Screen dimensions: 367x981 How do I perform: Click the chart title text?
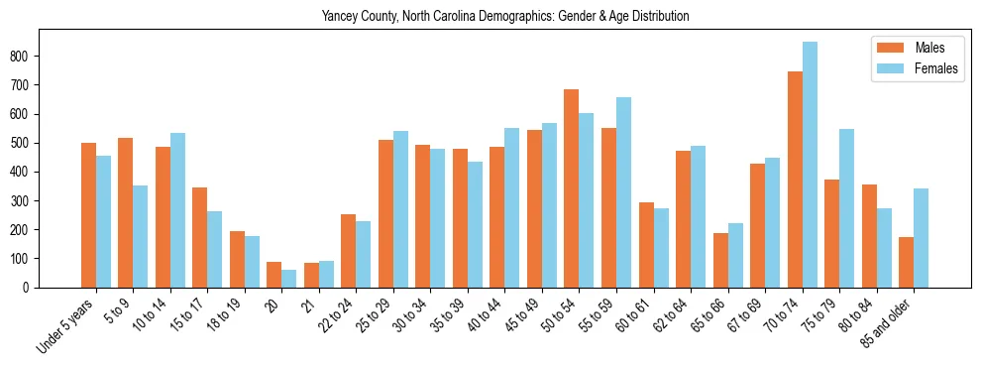coord(505,17)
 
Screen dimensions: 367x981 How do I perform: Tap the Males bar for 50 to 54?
coord(572,188)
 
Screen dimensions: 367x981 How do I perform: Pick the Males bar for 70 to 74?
coord(795,180)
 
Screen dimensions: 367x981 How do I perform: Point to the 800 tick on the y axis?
coord(22,57)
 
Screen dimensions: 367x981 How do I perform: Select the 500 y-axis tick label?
coord(22,143)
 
